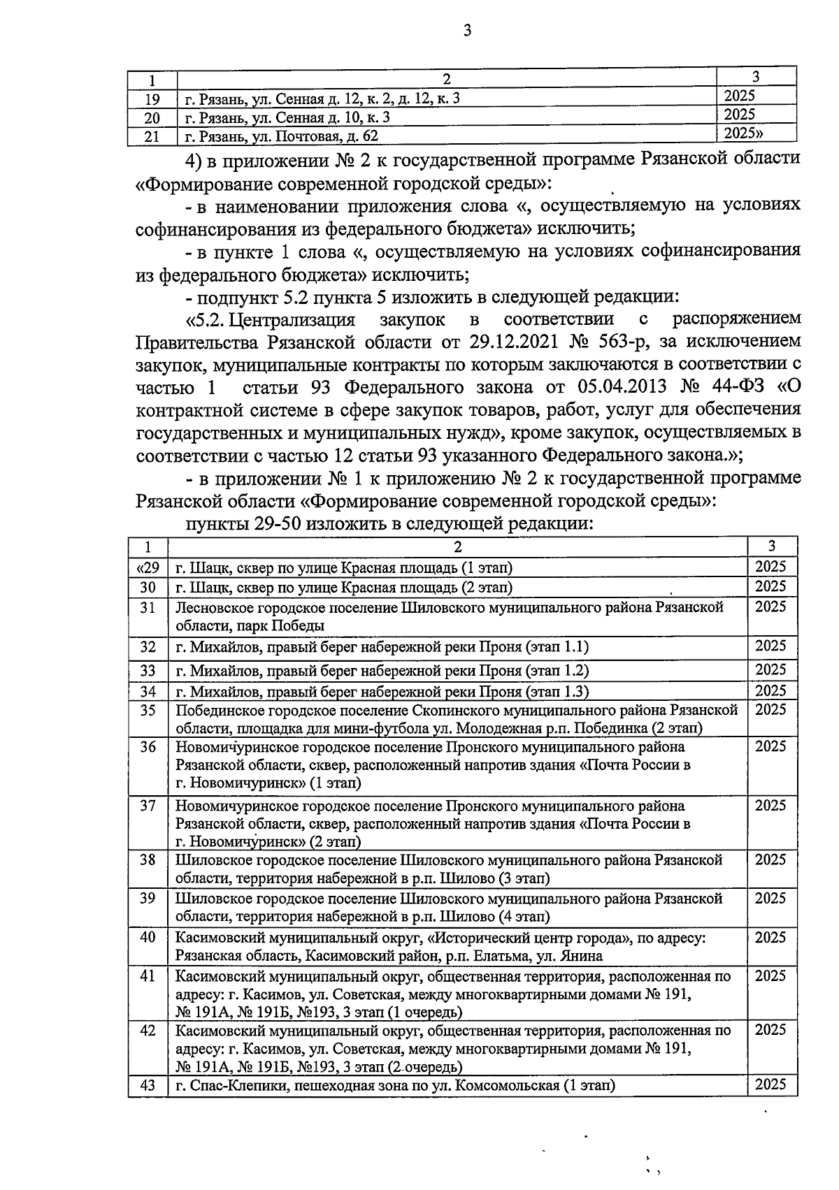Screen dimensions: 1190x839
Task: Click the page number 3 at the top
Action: tap(467, 29)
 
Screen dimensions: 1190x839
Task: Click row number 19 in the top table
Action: tap(152, 99)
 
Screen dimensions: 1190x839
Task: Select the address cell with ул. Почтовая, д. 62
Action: tap(280, 136)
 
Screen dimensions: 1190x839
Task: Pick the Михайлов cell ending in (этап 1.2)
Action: tap(382, 670)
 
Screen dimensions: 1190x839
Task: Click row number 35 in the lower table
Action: tap(148, 711)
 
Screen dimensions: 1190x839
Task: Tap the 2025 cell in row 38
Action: tap(770, 859)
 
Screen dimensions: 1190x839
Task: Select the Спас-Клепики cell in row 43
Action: tap(395, 1085)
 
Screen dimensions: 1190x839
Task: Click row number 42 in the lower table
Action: tap(148, 1030)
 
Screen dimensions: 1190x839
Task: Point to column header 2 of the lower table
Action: tap(457, 546)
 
